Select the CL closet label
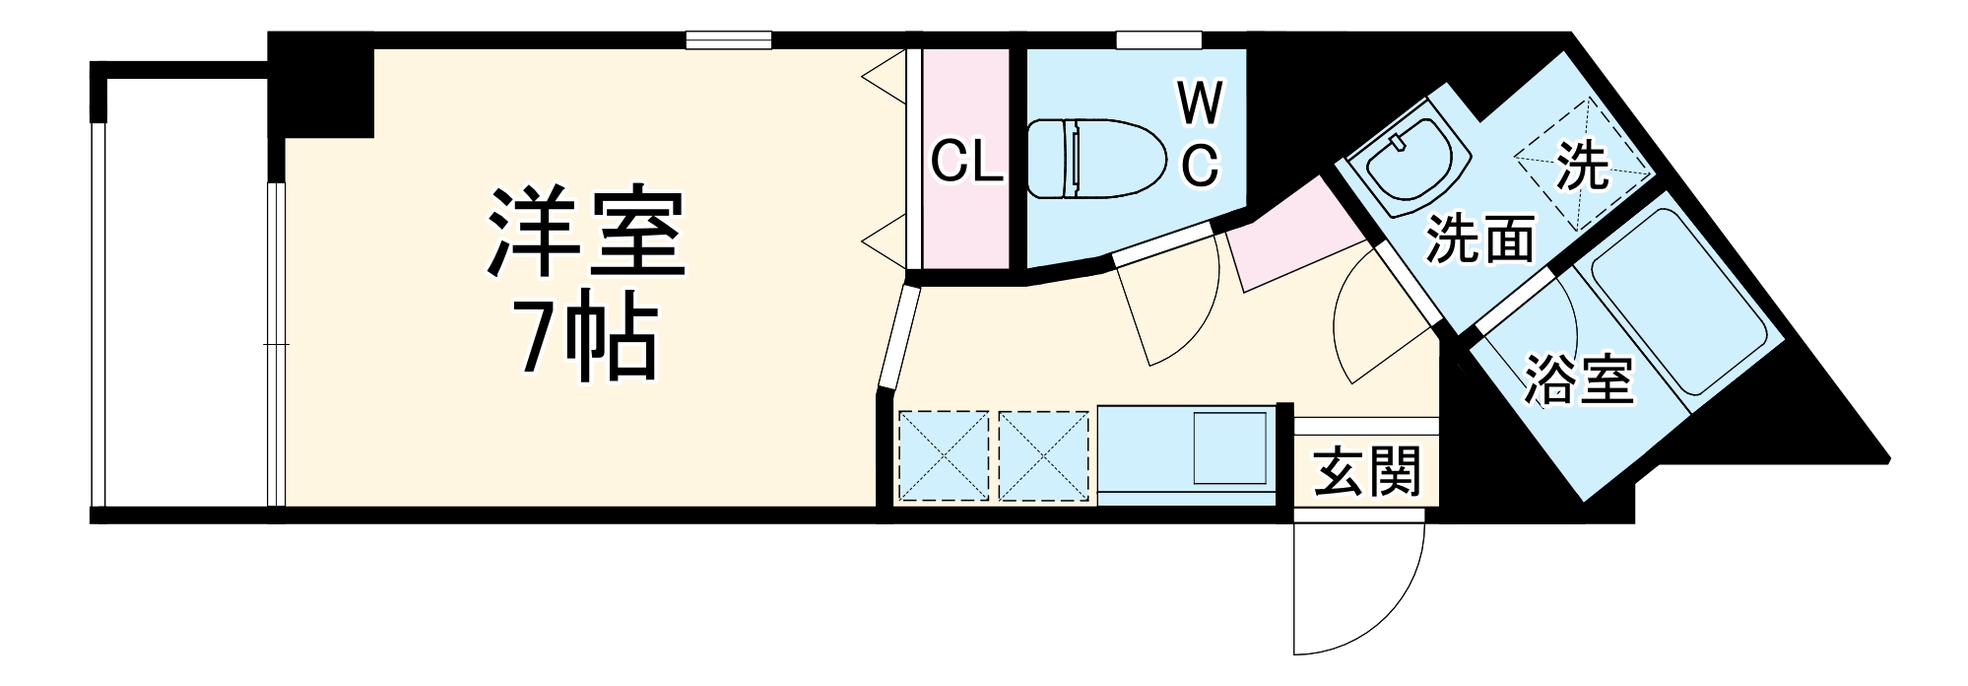tap(965, 163)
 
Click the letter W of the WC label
tap(1200, 104)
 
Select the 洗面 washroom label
tap(1480, 239)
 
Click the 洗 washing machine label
tap(1582, 166)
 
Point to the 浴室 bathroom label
tap(1578, 377)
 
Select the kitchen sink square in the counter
tap(1229, 448)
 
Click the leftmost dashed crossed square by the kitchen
tap(943, 456)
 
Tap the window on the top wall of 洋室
tap(728, 40)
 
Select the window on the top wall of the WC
tap(1158, 40)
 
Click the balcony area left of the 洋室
tap(182, 296)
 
